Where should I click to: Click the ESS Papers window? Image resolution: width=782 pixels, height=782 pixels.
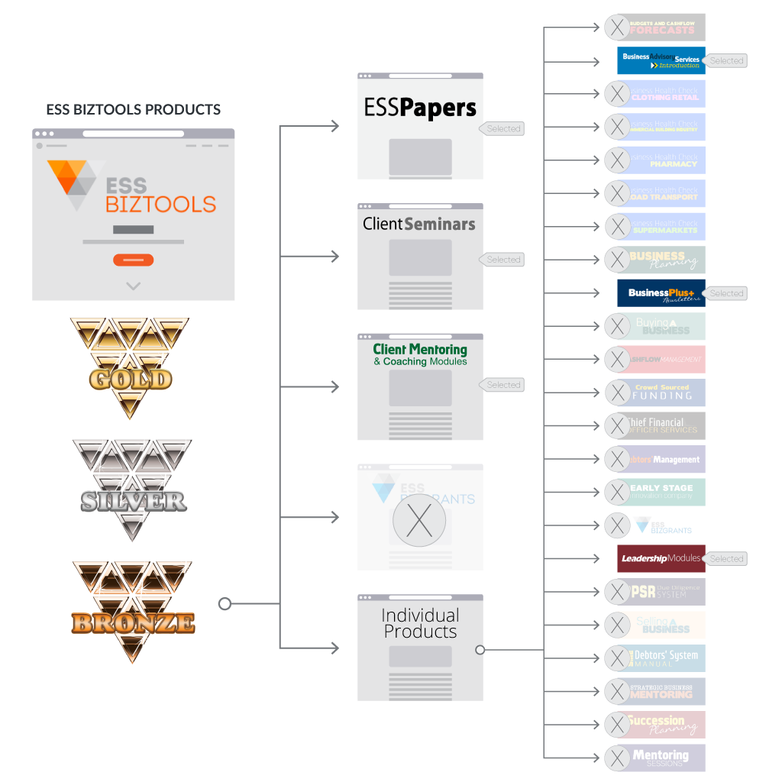420,126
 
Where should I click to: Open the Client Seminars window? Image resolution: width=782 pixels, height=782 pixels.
420,257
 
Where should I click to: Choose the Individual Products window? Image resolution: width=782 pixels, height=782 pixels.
420,648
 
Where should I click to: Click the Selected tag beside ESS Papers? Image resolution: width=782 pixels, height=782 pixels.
502,129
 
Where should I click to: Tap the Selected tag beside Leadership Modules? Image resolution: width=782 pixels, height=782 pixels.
725,559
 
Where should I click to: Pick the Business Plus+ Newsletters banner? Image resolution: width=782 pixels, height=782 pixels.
661,293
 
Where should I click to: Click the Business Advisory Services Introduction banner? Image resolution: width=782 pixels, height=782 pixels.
661,60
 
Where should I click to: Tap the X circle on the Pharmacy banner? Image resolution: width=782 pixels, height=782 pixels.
617,160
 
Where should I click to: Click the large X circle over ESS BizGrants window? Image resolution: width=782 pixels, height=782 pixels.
418,519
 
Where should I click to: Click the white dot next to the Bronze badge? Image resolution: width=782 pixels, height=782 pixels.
225,604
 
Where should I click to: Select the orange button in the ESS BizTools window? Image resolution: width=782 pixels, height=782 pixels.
134,260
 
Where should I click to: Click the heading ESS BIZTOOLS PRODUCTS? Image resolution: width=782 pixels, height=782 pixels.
134,110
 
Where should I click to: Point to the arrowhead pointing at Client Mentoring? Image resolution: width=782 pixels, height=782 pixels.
334,387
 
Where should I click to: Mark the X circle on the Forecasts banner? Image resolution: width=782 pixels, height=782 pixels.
617,27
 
